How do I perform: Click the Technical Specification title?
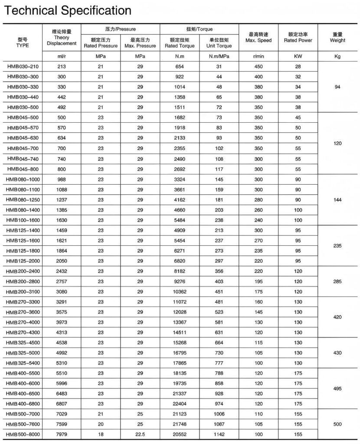(x=67, y=10)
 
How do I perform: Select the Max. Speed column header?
(x=259, y=40)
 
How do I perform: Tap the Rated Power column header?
(x=298, y=40)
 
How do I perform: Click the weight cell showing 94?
(x=337, y=87)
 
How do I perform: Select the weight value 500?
(x=337, y=424)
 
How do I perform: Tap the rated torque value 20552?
(x=180, y=434)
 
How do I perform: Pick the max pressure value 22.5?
(x=140, y=434)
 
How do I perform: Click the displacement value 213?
(x=61, y=66)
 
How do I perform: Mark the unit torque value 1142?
(x=220, y=434)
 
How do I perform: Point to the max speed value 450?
(x=259, y=66)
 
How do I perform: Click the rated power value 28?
(x=298, y=66)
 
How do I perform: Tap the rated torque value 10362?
(x=180, y=291)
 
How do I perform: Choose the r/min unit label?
(x=259, y=56)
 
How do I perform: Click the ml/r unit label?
(x=61, y=56)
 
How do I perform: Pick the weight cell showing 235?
(x=337, y=245)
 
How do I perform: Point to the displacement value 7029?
(x=61, y=414)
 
